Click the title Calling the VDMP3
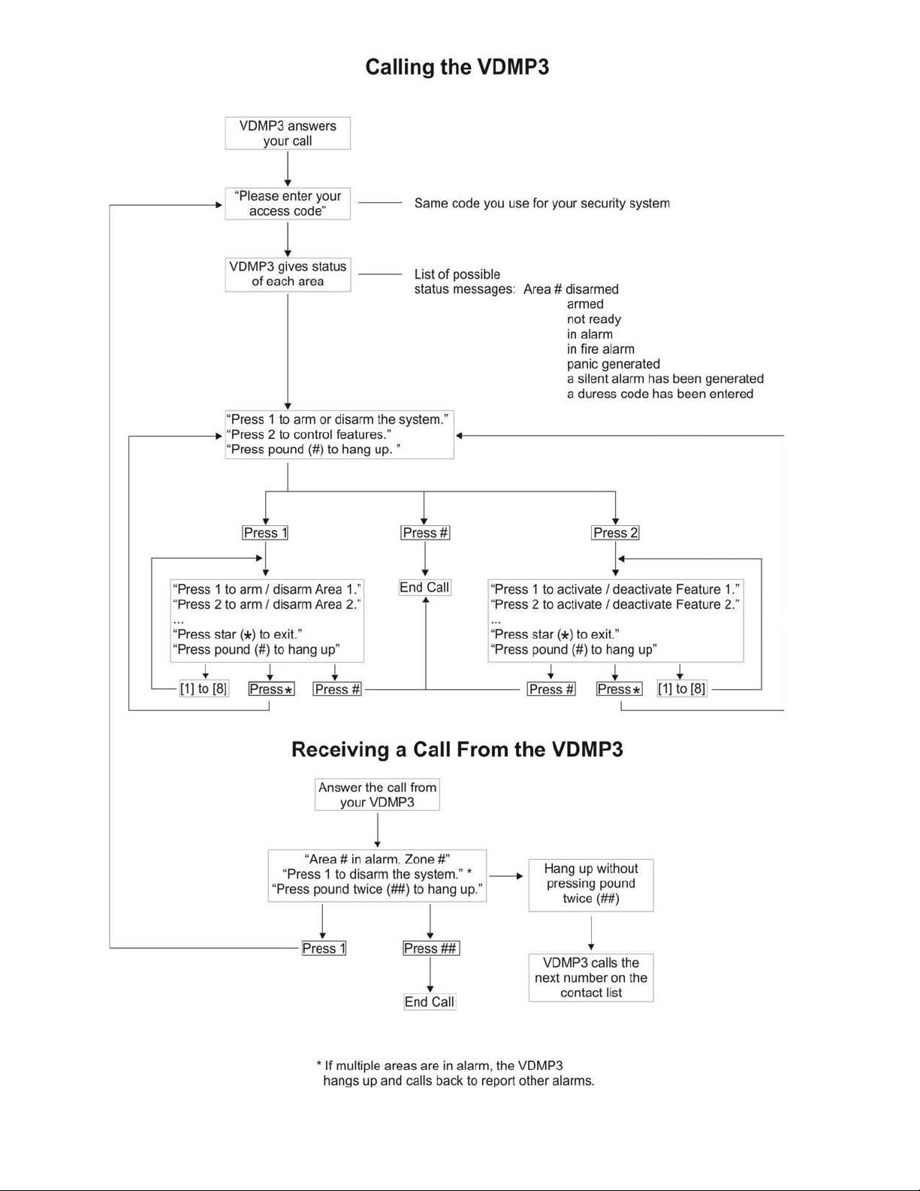pos(457,67)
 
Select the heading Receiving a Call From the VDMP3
pos(457,749)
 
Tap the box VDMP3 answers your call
pos(288,133)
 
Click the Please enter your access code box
pos(288,204)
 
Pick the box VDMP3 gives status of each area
pos(288,274)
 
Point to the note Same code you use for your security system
pos(541,204)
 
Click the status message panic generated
pos(614,364)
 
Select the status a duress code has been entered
pos(660,394)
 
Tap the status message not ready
pos(593,319)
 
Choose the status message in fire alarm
pos(600,349)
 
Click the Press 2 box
pos(615,533)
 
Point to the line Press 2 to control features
pos(309,434)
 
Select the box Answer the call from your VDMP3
pos(377,794)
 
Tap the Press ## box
pos(430,948)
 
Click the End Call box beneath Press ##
pos(430,1002)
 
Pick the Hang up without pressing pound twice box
pos(591,885)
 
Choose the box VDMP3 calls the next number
pos(591,978)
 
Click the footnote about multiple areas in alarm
pos(456,1073)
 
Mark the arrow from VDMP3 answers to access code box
pos(288,169)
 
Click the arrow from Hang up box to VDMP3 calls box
pos(591,933)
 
